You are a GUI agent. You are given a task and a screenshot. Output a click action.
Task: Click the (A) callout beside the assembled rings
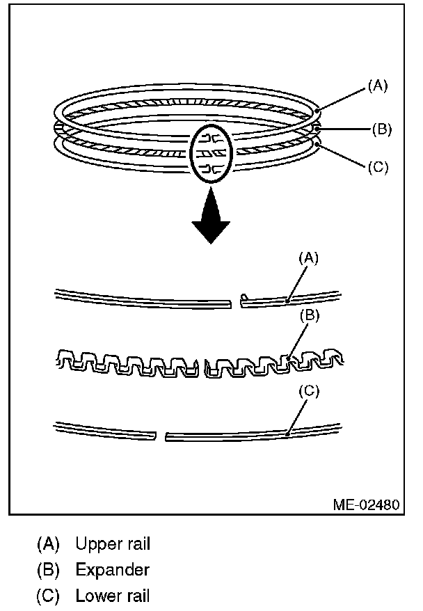[x=377, y=87]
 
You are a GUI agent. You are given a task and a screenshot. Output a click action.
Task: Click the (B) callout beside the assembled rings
[x=382, y=129]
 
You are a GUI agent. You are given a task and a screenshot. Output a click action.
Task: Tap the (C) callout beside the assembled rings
[x=376, y=167]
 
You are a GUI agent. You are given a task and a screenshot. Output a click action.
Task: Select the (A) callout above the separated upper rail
[x=308, y=258]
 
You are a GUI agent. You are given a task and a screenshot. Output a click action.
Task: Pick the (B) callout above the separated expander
[x=310, y=315]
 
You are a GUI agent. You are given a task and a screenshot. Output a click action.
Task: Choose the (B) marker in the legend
[x=49, y=570]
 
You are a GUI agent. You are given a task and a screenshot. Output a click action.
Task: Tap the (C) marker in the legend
[x=49, y=596]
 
